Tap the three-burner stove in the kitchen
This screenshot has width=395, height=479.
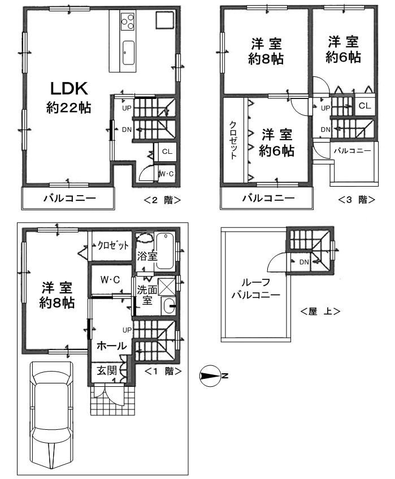(x=128, y=22)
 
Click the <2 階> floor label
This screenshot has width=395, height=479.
(x=162, y=199)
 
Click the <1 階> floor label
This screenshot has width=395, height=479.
(x=163, y=372)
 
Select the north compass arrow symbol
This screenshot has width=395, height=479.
(x=212, y=376)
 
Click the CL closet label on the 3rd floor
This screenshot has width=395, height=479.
(x=364, y=106)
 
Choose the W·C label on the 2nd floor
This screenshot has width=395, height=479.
(x=166, y=174)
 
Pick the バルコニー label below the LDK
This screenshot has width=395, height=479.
(x=70, y=198)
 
